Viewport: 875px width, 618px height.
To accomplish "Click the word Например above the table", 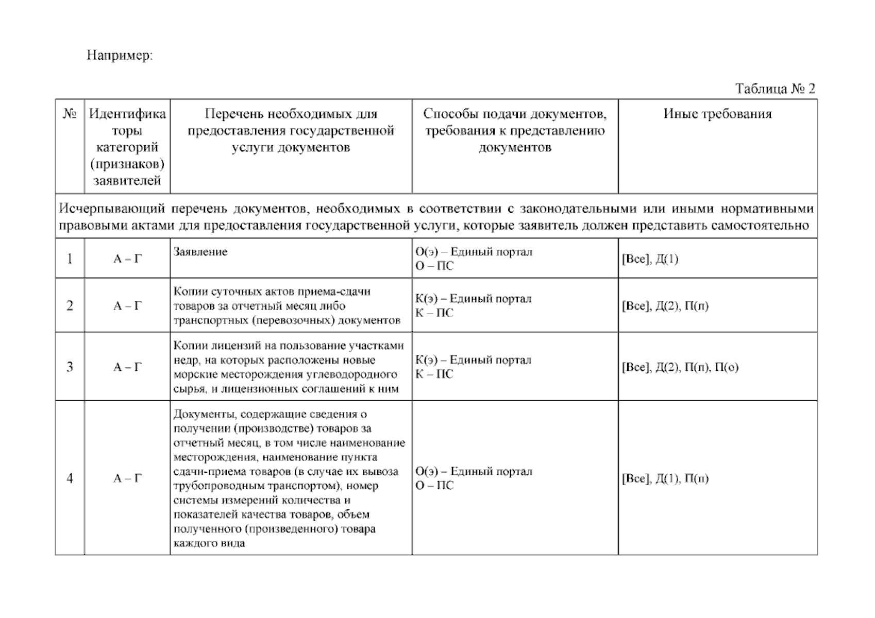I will [119, 55].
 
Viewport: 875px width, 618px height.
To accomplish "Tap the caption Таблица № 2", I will [775, 89].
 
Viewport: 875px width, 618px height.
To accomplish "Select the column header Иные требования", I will [717, 114].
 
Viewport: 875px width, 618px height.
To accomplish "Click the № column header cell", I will [70, 114].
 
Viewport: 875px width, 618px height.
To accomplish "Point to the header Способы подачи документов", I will [514, 114].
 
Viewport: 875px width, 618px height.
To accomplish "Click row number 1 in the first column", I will [70, 259].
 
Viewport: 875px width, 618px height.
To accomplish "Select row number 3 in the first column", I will [70, 367].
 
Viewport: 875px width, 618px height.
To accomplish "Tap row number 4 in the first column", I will [70, 478].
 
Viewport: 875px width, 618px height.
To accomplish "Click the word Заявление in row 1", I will [200, 252].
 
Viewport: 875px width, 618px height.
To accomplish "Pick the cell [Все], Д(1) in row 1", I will [650, 259].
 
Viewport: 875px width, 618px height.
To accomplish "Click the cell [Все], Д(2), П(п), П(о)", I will [680, 367].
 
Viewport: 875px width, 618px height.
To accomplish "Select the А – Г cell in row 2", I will [127, 306].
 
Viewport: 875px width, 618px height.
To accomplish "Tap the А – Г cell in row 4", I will [127, 478].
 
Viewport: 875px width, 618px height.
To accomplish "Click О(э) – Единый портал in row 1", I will [474, 252].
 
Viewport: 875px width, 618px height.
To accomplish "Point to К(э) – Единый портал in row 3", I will [473, 360].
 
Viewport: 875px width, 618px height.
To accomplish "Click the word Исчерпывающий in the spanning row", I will [112, 209].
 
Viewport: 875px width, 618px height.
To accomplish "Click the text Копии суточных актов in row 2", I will [231, 291].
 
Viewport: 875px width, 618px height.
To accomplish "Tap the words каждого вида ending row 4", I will [209, 543].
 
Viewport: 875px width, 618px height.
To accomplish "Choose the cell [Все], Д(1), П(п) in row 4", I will [665, 478].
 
